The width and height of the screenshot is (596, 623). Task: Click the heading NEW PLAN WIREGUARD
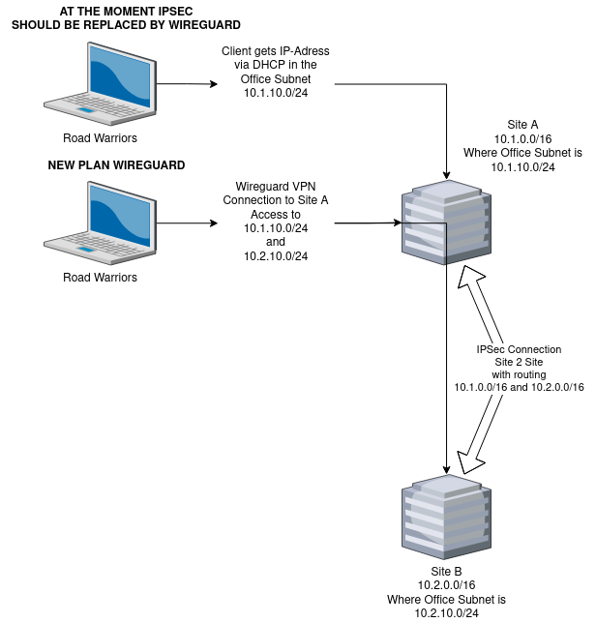pos(116,165)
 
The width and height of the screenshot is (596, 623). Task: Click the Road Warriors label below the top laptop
pos(100,138)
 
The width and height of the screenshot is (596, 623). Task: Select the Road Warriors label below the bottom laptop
pos(100,278)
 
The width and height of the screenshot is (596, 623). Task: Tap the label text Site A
pos(522,125)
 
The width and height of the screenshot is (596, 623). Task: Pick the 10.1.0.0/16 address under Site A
pos(522,139)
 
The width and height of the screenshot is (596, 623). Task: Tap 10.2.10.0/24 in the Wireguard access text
pos(276,256)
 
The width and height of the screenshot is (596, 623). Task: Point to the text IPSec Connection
pos(519,349)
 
